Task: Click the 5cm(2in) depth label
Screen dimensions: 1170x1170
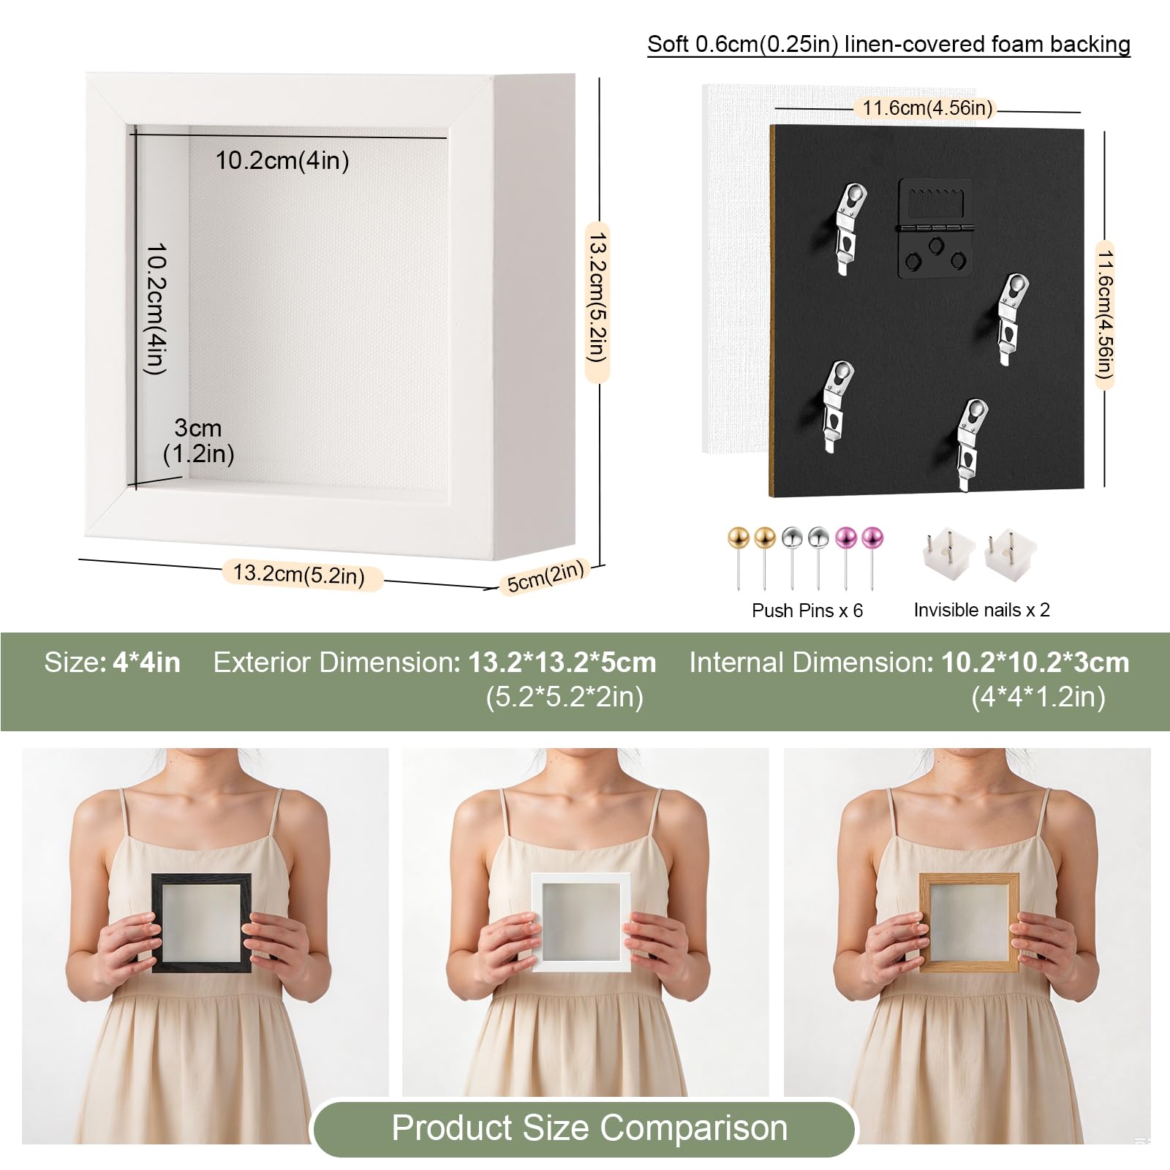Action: [546, 576]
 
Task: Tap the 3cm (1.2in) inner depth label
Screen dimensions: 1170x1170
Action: [198, 441]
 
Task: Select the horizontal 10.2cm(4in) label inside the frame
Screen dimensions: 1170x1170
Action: [282, 160]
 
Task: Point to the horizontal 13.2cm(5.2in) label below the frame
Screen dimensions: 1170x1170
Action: [299, 574]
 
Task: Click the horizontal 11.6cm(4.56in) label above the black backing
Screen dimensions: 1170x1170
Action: [927, 108]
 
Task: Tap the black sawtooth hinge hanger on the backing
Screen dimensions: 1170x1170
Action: [934, 228]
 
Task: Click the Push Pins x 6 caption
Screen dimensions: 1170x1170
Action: [807, 610]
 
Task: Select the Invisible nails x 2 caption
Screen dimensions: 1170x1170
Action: [981, 609]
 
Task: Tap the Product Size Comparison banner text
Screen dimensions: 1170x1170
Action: [589, 1127]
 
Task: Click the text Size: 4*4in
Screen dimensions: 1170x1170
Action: [112, 663]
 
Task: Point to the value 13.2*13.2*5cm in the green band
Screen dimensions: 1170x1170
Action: [562, 663]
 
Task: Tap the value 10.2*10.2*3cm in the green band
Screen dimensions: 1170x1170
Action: [1035, 663]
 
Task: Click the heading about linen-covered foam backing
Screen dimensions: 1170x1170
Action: [888, 45]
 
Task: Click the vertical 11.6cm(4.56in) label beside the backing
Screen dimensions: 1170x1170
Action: [1104, 314]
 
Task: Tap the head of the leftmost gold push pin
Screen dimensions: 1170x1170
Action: [738, 537]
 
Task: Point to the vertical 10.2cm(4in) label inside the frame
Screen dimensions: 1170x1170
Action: [156, 309]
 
